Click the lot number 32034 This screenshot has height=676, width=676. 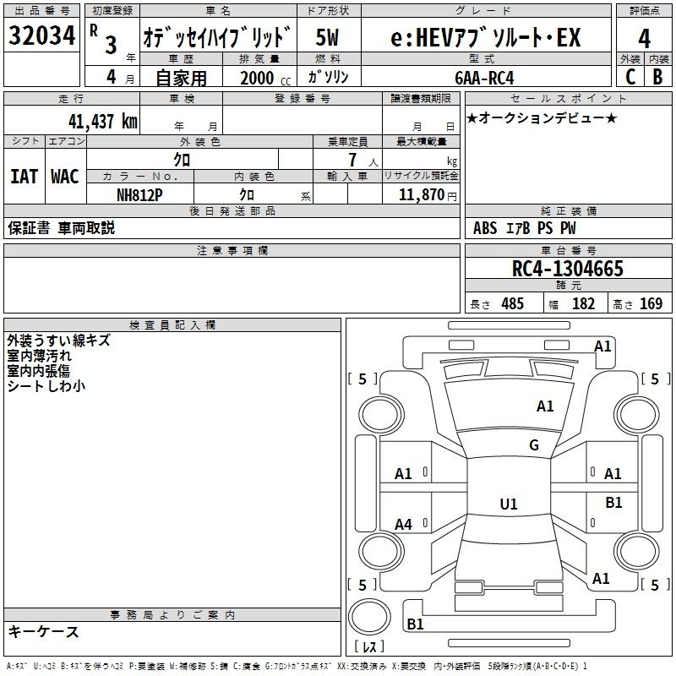click(x=41, y=35)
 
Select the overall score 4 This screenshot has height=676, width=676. click(x=644, y=39)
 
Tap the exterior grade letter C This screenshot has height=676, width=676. click(x=630, y=77)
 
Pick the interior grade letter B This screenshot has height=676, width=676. click(x=658, y=77)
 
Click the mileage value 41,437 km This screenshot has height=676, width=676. click(x=102, y=122)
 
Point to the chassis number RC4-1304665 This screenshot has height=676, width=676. click(x=568, y=269)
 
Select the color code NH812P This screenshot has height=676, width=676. click(x=139, y=195)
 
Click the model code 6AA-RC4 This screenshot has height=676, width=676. click(x=484, y=78)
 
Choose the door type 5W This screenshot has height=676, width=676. click(x=327, y=37)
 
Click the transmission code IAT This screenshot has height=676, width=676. click(x=24, y=177)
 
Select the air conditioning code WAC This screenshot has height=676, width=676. click(x=65, y=177)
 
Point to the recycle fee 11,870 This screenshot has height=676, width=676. click(x=421, y=195)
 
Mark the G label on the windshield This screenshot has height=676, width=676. click(x=534, y=444)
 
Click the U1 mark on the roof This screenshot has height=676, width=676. click(x=509, y=504)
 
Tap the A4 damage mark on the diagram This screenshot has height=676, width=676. click(x=403, y=525)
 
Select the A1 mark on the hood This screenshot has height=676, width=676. click(x=545, y=406)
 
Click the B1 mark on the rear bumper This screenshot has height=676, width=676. click(x=415, y=624)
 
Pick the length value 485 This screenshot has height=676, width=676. click(x=513, y=303)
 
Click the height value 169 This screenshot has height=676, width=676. click(x=651, y=303)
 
